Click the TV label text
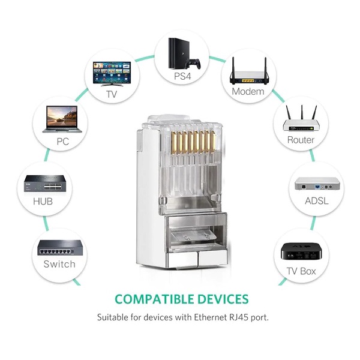(112, 94)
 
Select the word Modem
(248, 92)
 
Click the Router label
(301, 140)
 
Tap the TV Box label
(301, 271)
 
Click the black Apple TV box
(301, 250)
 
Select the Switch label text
(59, 264)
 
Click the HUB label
(43, 201)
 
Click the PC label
(63, 142)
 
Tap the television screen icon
(112, 73)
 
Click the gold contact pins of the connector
(189, 137)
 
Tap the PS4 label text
(182, 77)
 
